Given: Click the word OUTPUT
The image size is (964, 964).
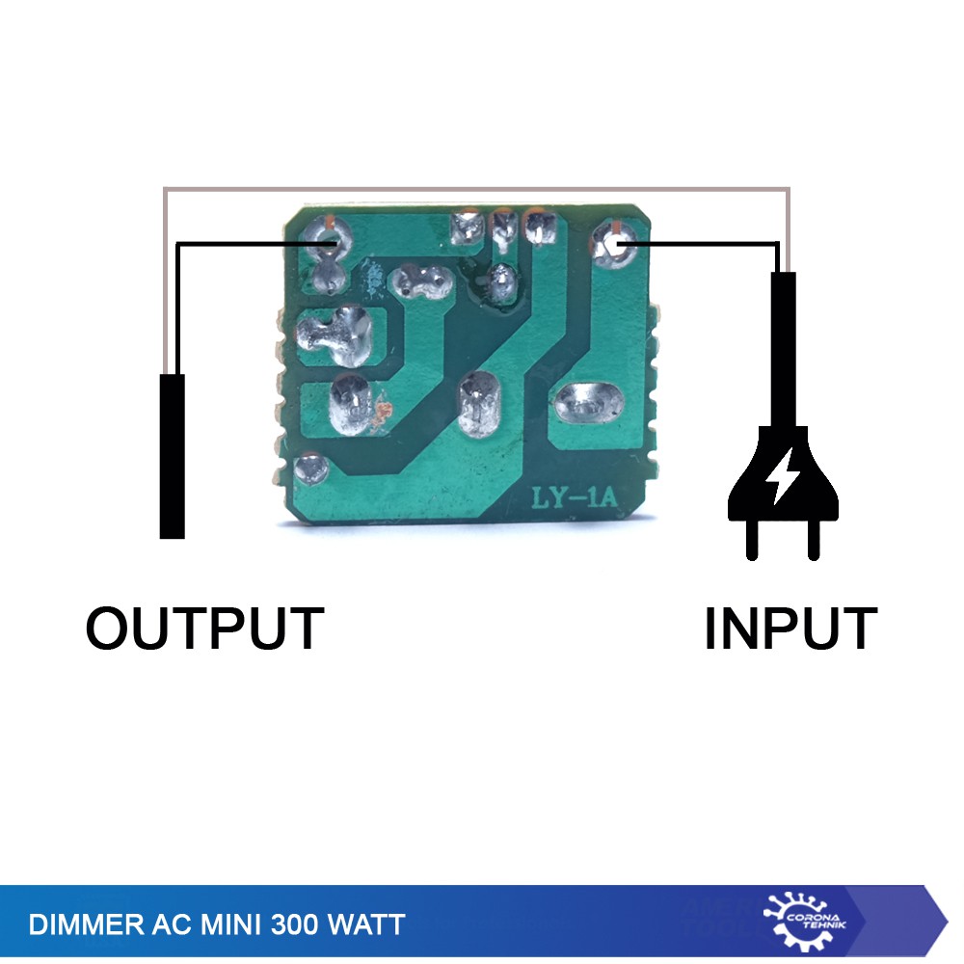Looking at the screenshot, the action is [x=204, y=629].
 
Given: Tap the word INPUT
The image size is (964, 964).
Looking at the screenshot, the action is [x=790, y=629].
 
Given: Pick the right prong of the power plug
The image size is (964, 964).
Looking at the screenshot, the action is [x=815, y=540].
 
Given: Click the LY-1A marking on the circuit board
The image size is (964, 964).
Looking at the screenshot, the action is [x=574, y=498].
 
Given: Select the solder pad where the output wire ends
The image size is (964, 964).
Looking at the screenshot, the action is [x=323, y=236].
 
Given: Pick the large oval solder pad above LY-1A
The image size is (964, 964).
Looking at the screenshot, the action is [x=588, y=404].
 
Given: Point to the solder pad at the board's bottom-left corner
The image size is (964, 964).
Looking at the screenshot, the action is [x=311, y=470].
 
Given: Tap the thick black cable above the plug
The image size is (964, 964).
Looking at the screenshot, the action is [x=783, y=347].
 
